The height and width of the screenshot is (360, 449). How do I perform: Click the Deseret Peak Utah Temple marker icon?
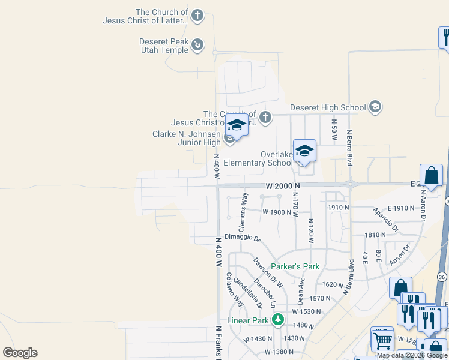coord(197,44)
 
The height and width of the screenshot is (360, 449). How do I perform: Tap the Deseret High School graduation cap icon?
coord(376,107)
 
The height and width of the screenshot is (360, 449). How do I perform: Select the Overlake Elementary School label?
coord(258,158)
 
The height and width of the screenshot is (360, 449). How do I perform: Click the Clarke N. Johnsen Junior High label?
coord(187,138)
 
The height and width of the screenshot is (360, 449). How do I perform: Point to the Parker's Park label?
coord(295,266)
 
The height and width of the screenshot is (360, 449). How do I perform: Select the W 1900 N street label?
coord(276,212)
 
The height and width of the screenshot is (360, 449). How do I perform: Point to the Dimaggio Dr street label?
coord(243,238)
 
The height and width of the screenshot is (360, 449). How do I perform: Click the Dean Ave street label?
coord(301,290)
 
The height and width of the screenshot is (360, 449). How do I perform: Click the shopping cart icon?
coord(381,340)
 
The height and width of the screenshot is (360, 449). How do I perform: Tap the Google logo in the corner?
coord(20,353)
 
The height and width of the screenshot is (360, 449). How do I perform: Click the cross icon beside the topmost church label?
coord(198,16)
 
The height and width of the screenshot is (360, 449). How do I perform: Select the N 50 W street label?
coord(334,127)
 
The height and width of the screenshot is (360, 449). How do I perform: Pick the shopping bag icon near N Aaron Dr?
coord(431,176)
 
